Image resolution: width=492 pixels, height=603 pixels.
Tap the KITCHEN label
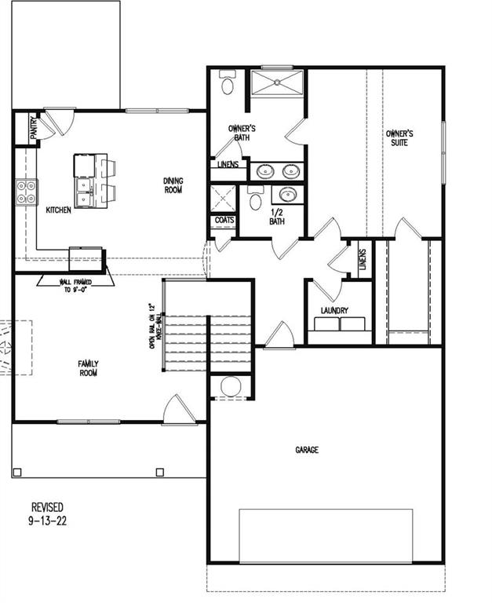pos(59,210)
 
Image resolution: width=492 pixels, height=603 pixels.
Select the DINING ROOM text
pos(173,185)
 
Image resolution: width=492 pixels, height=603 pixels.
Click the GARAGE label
pos(307,450)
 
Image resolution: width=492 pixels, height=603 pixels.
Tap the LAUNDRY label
pos(334,311)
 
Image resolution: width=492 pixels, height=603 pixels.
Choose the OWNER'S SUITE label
pos(399,138)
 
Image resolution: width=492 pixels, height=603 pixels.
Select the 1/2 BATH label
pos(278,217)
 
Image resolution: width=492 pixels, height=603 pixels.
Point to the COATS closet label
pos(224,221)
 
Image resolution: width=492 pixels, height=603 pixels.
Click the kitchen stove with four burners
pos(26,192)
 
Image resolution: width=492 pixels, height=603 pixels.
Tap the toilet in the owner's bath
pos(228,82)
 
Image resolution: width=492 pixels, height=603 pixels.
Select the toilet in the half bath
pos(255,199)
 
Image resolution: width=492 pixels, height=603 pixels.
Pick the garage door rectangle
pos(326,535)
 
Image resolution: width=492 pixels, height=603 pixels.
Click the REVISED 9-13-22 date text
pos(48,514)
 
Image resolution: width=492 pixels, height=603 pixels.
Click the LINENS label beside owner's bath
pos(228,165)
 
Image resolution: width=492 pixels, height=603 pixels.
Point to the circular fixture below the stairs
pos(231,386)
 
